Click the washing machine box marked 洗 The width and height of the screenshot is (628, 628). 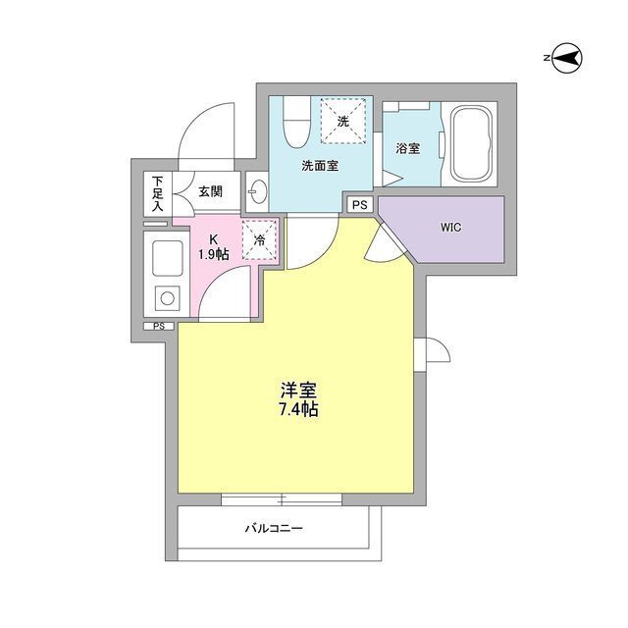[341, 122]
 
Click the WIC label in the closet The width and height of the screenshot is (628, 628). [451, 228]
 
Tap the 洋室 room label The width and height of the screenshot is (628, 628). [297, 390]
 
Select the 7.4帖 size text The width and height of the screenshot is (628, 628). [297, 410]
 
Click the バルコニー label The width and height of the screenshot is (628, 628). [274, 530]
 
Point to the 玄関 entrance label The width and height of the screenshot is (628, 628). [210, 192]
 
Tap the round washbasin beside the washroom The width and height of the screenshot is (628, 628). [257, 189]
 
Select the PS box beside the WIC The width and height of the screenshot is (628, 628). [360, 205]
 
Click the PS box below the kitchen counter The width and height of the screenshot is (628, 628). [157, 326]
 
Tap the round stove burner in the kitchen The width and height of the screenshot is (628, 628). [165, 296]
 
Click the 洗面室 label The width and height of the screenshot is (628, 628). [320, 166]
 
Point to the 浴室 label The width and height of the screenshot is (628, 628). [408, 149]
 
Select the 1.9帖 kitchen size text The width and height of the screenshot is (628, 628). [213, 255]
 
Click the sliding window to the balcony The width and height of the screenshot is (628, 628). [281, 498]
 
